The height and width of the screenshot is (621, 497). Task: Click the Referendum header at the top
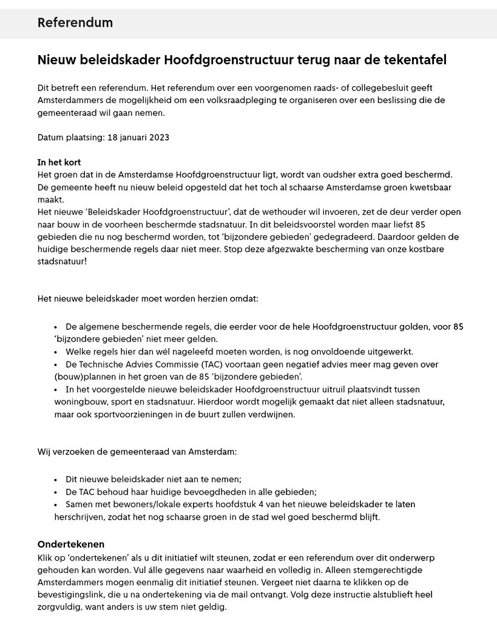coord(75,23)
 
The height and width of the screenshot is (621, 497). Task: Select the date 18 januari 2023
coord(138,138)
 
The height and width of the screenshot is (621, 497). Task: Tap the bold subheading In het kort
coord(59,163)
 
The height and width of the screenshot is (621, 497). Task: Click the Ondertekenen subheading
coord(71,545)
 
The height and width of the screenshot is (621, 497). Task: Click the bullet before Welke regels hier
coord(55,352)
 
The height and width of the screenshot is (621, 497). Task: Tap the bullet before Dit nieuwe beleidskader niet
coord(55,479)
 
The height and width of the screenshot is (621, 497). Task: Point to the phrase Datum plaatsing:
coord(71,138)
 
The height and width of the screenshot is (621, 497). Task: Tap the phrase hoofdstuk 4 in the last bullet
coord(276,505)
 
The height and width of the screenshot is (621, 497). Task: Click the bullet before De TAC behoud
coord(55,492)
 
